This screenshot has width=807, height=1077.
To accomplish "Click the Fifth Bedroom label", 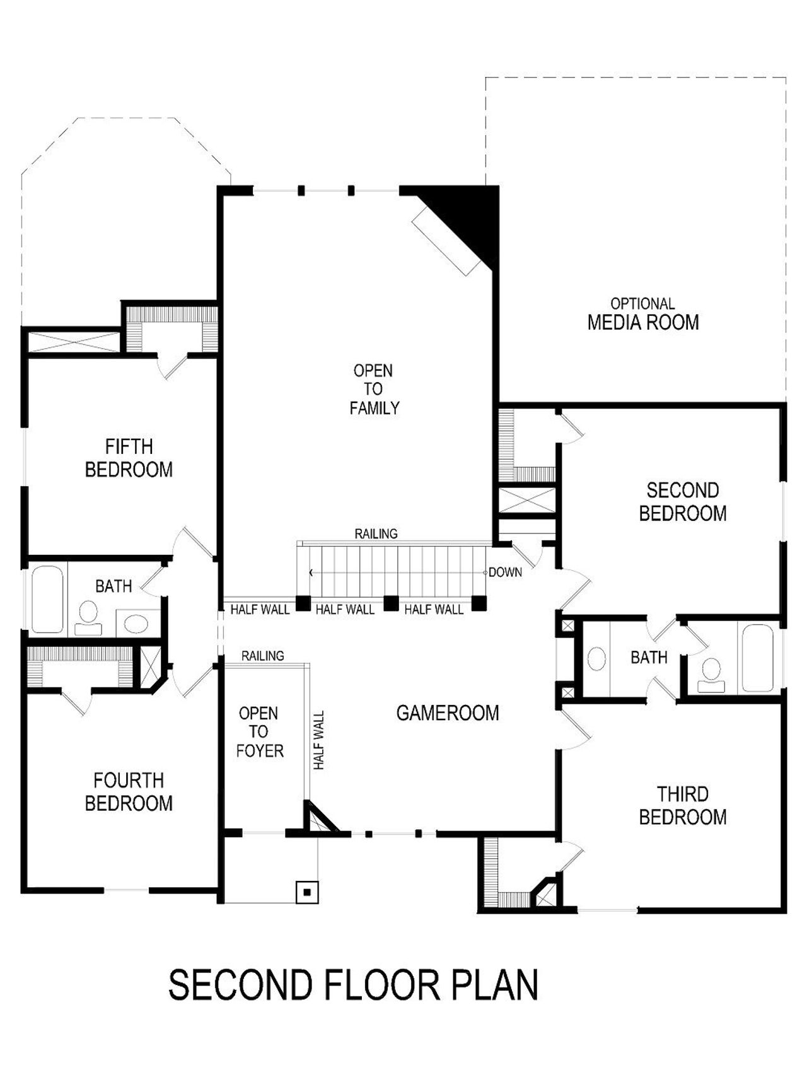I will pyautogui.click(x=129, y=458).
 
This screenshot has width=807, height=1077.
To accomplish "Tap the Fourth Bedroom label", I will pyautogui.click(x=129, y=792).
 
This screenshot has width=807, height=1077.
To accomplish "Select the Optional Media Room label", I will pyautogui.click(x=642, y=315).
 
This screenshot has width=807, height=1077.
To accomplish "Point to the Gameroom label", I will pyautogui.click(x=448, y=713).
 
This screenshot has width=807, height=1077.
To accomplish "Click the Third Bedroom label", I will pyautogui.click(x=683, y=805).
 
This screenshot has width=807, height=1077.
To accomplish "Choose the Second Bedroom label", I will pyautogui.click(x=683, y=502).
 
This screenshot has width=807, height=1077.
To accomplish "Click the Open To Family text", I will pyautogui.click(x=374, y=389).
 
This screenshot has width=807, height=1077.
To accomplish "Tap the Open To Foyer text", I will pyautogui.click(x=259, y=732).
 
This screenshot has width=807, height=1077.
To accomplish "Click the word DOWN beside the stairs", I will pyautogui.click(x=505, y=573).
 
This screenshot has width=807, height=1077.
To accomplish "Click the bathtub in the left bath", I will pyautogui.click(x=47, y=599).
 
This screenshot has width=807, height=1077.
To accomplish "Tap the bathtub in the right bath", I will pyautogui.click(x=757, y=658).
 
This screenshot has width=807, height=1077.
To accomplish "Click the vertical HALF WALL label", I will pyautogui.click(x=319, y=740).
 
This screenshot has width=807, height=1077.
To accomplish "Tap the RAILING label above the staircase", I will pyautogui.click(x=376, y=534).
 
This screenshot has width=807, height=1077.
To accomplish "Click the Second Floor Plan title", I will pyautogui.click(x=353, y=986).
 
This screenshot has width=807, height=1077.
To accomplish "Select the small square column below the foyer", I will pyautogui.click(x=307, y=892).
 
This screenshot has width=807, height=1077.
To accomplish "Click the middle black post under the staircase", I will pyautogui.click(x=392, y=603).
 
